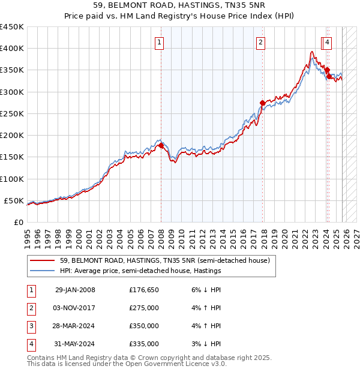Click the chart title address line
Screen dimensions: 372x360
point(179,5)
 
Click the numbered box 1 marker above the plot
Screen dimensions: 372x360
point(160,42)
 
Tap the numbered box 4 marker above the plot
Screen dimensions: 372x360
point(327,42)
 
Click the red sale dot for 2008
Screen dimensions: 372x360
point(161,145)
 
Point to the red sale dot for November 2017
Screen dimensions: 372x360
point(262,103)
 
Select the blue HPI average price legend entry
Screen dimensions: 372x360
point(140,271)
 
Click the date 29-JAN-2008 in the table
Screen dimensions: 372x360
point(75,290)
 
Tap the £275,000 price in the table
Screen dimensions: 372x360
point(143,308)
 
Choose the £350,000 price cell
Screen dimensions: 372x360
point(143,326)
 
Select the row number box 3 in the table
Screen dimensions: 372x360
point(31,326)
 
